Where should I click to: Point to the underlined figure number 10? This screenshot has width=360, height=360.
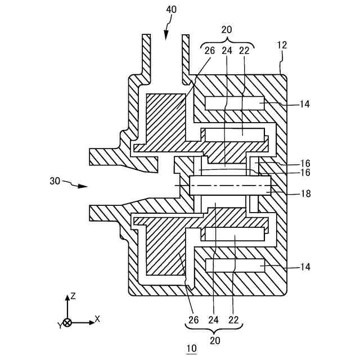191,349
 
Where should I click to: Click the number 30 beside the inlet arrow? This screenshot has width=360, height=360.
55,181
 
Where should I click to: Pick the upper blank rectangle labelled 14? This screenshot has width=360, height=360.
234,104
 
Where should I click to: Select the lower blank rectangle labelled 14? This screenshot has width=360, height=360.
234,265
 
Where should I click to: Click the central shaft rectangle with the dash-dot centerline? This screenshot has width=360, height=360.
231,185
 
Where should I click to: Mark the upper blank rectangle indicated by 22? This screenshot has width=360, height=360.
234,135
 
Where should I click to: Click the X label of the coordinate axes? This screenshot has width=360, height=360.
97,318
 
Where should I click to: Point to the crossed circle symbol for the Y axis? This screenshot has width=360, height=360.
67,323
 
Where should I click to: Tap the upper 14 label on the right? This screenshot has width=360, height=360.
304,103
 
